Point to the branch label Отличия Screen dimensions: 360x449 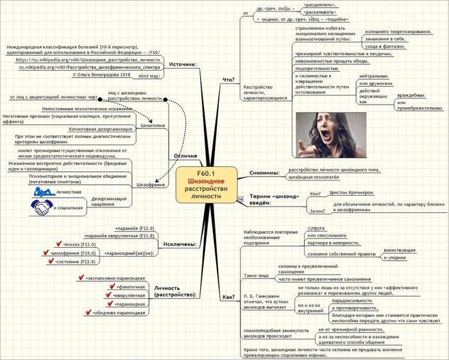pyautogui.click(x=185, y=156)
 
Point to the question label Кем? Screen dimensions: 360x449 pyautogui.click(x=314, y=193)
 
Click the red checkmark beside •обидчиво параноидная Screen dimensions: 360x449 pyautogui.click(x=87, y=313)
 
